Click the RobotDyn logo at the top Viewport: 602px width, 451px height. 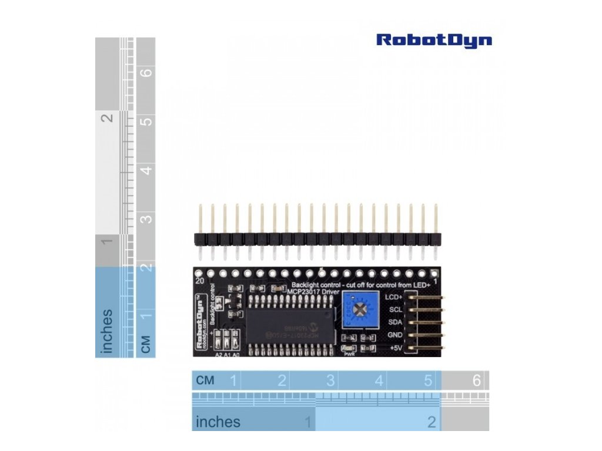click(434, 40)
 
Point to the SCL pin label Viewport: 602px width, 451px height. click(396, 309)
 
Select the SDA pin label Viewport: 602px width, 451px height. click(395, 322)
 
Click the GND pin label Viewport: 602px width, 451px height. click(395, 335)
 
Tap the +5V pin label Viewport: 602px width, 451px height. click(395, 348)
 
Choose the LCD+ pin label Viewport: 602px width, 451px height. click(394, 297)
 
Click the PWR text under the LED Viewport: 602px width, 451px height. click(349, 355)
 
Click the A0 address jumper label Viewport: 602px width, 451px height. click(236, 355)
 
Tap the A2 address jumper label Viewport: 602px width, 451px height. click(218, 355)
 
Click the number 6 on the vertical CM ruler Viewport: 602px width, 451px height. click(147, 73)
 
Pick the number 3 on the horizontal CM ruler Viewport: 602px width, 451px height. click(330, 381)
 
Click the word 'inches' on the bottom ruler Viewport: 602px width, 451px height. click(218, 422)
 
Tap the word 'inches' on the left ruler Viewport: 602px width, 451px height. click(107, 332)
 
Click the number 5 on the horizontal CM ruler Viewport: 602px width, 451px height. click(428, 381)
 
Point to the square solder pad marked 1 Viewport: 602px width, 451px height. click(434, 273)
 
